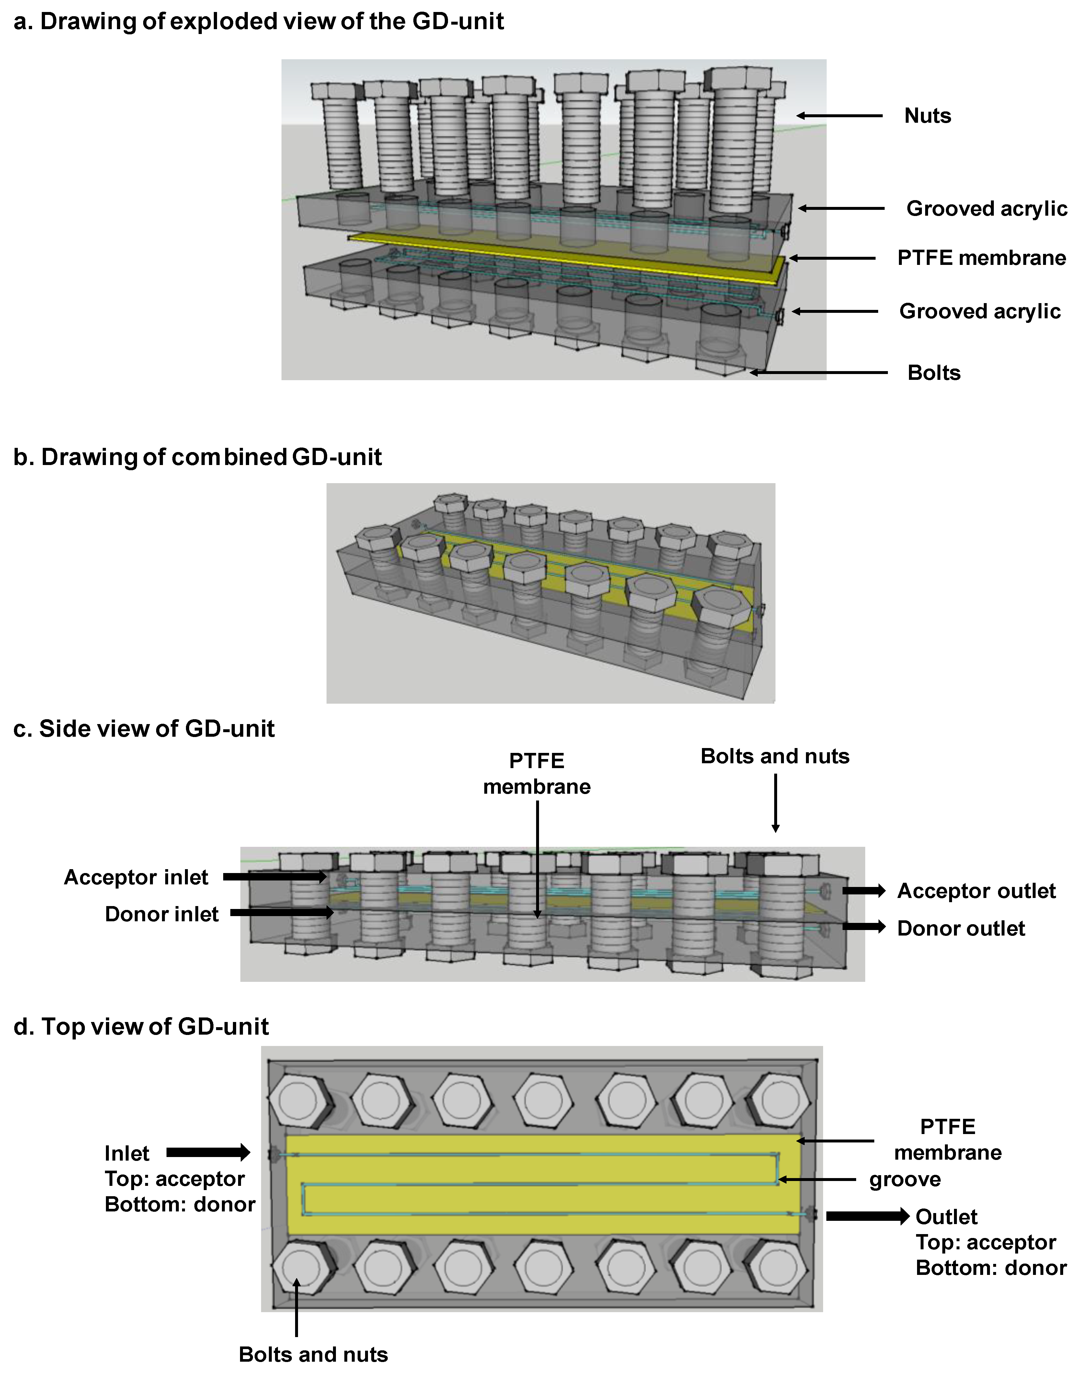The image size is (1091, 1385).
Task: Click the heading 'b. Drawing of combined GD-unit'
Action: click(197, 457)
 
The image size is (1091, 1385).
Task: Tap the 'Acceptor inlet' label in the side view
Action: click(136, 877)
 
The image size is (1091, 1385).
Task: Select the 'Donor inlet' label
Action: click(162, 914)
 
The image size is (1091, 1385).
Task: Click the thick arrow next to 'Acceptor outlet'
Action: click(864, 891)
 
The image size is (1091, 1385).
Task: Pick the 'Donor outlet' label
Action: click(961, 928)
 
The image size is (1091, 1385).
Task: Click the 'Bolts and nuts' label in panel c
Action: click(775, 756)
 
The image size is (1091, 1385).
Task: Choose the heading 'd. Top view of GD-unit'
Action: click(141, 1027)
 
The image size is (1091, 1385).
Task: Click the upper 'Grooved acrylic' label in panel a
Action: click(986, 209)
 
